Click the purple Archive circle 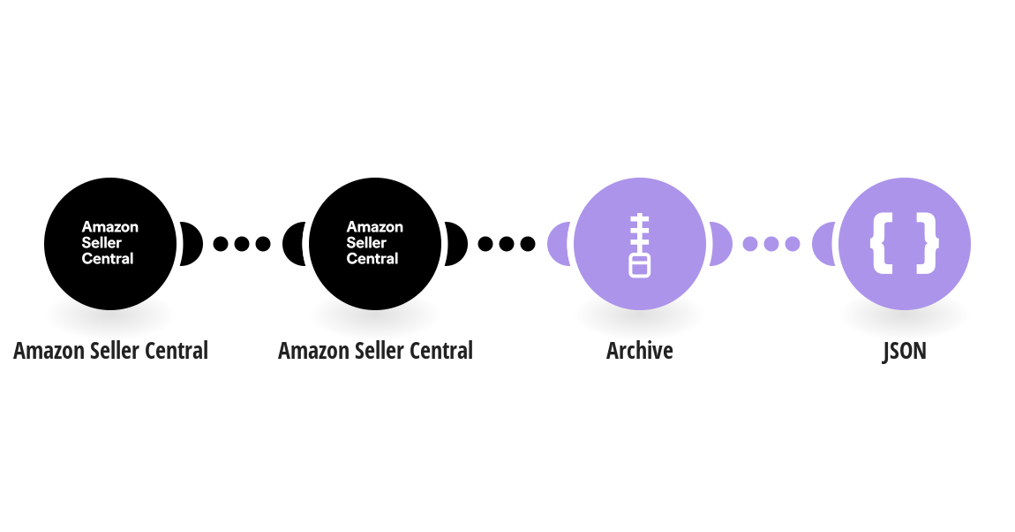pos(640,244)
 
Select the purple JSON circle pos(905,244)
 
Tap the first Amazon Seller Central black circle pos(110,244)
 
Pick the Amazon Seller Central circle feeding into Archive pos(375,244)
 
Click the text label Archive pos(640,351)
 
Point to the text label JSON pos(905,351)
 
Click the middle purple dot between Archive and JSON pos(771,244)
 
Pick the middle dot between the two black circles pos(242,244)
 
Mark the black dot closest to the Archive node pos(528,244)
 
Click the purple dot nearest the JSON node pos(793,244)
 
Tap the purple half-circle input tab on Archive pos(558,244)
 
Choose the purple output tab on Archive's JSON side pos(721,244)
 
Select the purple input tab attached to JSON pos(823,244)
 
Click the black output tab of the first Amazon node pos(192,244)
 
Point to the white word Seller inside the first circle pos(101,242)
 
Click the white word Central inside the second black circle pos(372,259)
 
